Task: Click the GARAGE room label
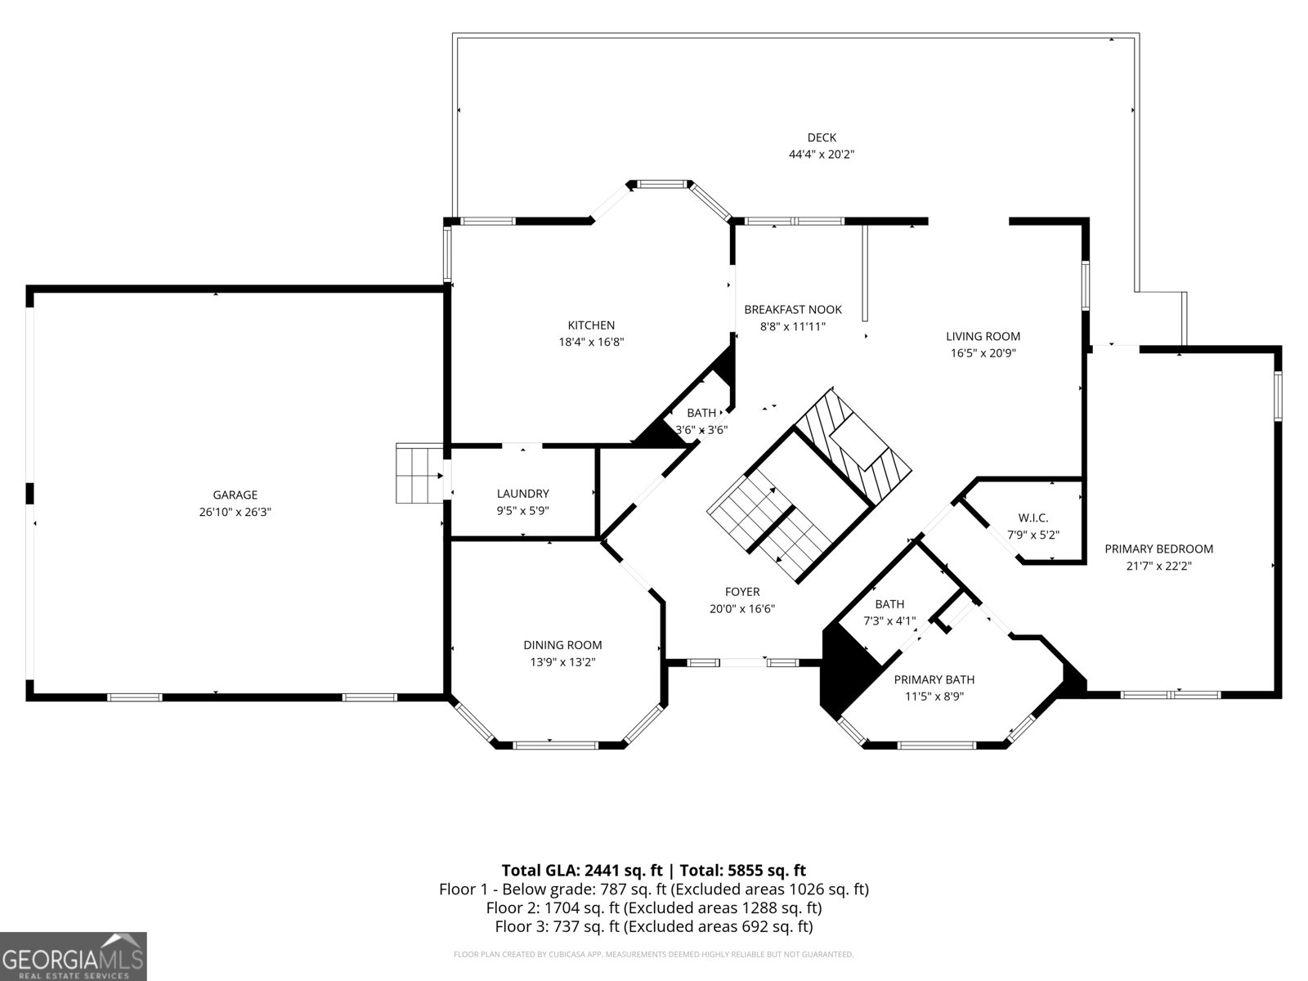tap(235, 495)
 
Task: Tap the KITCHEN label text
tap(591, 325)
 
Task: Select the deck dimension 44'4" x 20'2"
tap(822, 155)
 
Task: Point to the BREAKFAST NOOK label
tap(793, 309)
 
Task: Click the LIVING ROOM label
tap(983, 336)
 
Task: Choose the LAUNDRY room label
tap(523, 493)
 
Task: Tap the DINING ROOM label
tap(563, 644)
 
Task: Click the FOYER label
tap(742, 591)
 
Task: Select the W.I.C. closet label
tap(1033, 517)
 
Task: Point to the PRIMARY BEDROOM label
tap(1159, 549)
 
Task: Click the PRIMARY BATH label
tap(934, 679)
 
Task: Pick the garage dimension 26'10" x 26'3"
tap(235, 512)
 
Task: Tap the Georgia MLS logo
tap(74, 956)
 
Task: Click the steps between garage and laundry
tap(419, 473)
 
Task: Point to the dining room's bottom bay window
tap(555, 745)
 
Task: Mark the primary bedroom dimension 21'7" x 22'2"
tap(1159, 566)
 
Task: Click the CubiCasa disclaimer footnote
tap(654, 954)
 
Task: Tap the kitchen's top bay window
tap(662, 184)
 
